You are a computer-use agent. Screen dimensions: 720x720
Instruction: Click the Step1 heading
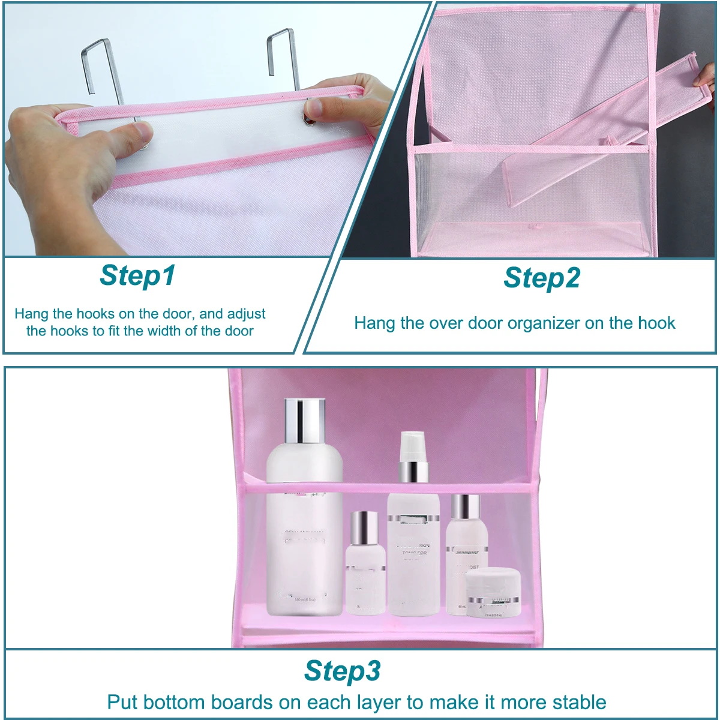pos(137,275)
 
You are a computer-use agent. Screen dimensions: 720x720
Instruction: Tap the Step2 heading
pos(542,278)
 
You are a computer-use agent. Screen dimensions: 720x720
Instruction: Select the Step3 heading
pos(342,670)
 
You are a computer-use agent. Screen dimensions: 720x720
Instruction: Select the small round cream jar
pos(493,592)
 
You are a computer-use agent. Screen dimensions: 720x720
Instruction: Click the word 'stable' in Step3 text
pos(575,702)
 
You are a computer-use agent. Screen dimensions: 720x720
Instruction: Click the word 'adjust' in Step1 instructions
pos(245,313)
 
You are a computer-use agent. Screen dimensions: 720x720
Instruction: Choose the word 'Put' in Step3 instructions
pos(122,702)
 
